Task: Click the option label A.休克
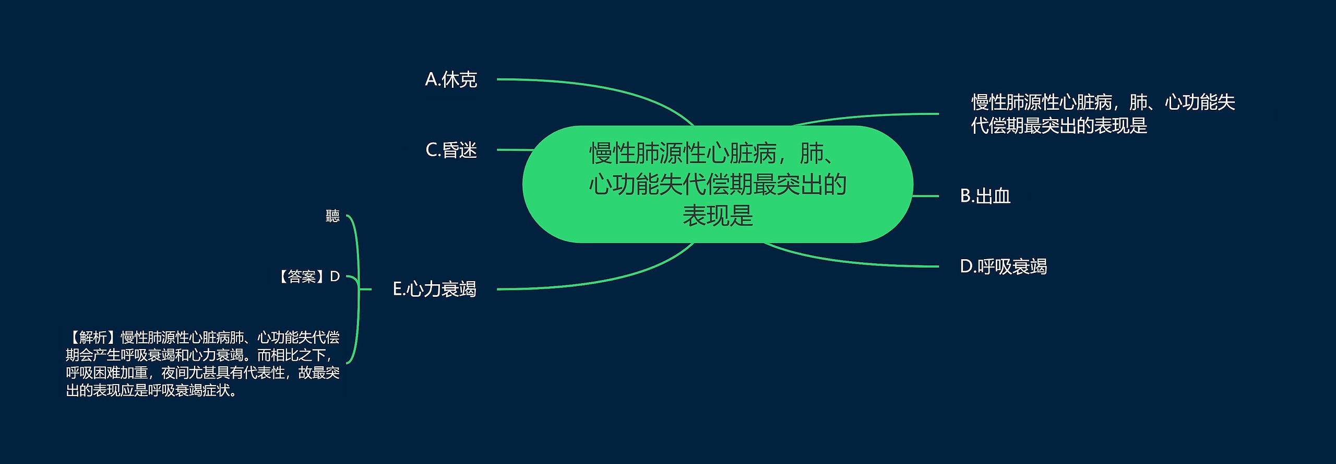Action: click(451, 80)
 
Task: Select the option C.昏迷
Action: click(451, 150)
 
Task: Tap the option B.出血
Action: click(985, 196)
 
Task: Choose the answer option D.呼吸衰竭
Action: click(1003, 267)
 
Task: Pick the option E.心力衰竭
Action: click(434, 289)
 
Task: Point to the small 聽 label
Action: click(332, 216)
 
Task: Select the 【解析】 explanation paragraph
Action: click(202, 364)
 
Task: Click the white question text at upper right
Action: click(1102, 114)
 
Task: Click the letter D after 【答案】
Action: click(335, 276)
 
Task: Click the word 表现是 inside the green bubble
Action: click(718, 215)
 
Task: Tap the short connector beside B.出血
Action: click(925, 196)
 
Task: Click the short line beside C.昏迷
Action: click(514, 150)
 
